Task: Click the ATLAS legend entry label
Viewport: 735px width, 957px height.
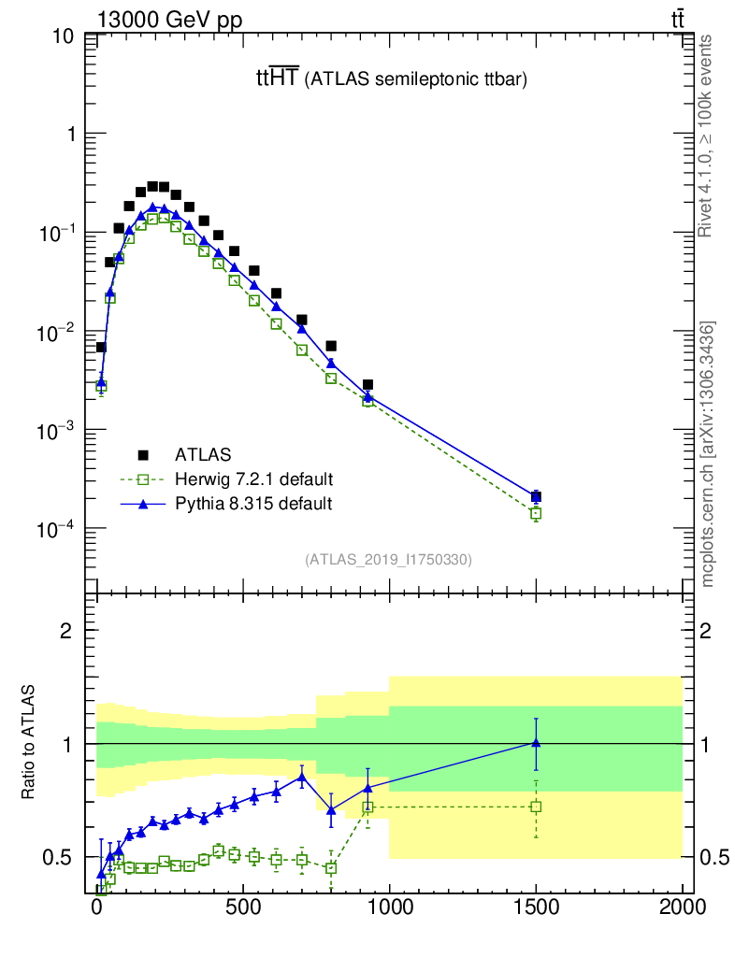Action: pos(203,455)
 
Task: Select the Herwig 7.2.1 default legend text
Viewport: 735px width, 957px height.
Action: pos(254,479)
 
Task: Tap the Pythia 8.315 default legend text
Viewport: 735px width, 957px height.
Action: pos(253,504)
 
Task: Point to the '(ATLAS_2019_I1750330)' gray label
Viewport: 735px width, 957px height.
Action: pos(388,560)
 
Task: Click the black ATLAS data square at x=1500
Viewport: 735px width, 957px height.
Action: pos(536,496)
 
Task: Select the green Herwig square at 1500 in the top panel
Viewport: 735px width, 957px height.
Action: pos(536,513)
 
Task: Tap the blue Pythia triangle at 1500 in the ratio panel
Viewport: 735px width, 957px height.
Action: pos(536,742)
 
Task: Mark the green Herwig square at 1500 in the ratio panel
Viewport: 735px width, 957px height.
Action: pos(536,806)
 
